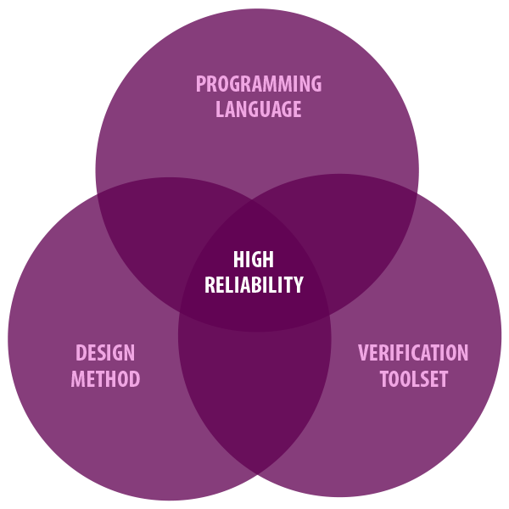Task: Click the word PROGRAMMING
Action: [259, 84]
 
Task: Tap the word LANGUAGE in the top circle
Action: [259, 109]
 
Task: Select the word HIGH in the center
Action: [254, 260]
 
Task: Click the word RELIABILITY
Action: [254, 285]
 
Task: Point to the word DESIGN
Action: [105, 353]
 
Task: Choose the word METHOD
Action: [105, 378]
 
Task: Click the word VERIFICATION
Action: [413, 353]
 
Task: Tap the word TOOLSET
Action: [413, 378]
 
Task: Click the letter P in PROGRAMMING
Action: [201, 84]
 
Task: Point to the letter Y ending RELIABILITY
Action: [298, 285]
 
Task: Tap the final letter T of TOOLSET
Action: [443, 378]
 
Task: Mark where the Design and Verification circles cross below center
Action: [255, 473]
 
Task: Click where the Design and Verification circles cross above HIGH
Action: [254, 201]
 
